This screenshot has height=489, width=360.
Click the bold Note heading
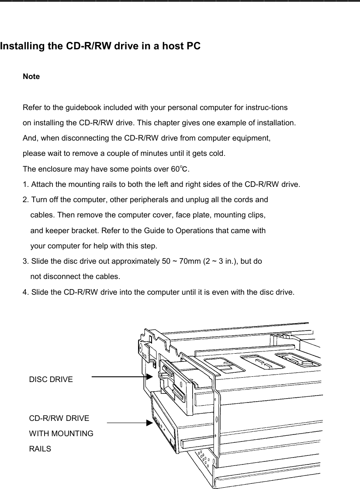pos(31,77)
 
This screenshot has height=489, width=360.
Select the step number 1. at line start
pos(25,184)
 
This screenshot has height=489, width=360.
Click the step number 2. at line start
pos(25,200)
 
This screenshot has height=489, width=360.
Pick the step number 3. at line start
pos(25,262)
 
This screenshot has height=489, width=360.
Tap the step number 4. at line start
pos(25,292)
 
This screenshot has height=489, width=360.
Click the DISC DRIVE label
pos(51,379)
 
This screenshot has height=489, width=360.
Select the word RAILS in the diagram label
pos(40,449)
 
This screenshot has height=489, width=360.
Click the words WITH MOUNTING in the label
pos(61,434)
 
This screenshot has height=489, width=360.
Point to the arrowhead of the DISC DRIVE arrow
pos(149,376)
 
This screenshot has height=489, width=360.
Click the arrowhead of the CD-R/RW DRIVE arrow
pos(149,423)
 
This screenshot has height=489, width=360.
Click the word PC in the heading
pos(194,46)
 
